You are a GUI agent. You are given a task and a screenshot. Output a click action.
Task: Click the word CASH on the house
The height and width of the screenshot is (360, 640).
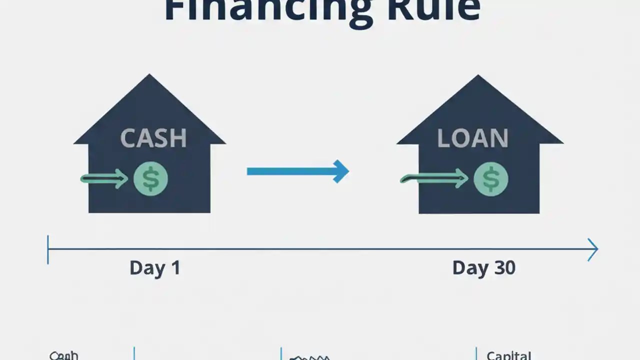coord(153,138)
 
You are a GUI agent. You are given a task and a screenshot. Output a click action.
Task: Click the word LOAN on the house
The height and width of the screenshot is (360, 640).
coord(472,138)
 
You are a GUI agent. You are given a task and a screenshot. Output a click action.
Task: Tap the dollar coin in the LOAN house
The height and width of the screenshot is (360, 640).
coord(490,179)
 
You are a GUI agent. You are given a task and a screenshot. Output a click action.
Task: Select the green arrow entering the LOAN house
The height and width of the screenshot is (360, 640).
coord(433,178)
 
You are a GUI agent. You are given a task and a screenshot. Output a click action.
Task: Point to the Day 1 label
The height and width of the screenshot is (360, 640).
coord(154,268)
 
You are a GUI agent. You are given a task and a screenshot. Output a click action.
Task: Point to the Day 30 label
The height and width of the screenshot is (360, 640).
coord(483,268)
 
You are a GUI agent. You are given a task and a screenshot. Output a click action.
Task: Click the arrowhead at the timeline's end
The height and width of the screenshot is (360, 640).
coord(593,249)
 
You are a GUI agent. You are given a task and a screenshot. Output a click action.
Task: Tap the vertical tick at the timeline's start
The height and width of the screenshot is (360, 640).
coord(48,249)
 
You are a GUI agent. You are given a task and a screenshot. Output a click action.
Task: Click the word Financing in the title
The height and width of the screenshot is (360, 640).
coord(268,10)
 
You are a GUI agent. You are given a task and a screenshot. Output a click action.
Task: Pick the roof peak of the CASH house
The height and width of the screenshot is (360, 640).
coord(149,76)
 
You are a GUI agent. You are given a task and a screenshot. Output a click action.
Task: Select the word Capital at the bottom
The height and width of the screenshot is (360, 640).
coord(509,355)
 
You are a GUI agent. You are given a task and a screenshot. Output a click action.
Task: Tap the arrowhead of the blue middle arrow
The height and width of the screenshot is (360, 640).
coord(341,171)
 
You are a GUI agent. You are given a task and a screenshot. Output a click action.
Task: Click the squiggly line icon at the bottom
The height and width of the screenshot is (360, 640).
coord(309,357)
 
